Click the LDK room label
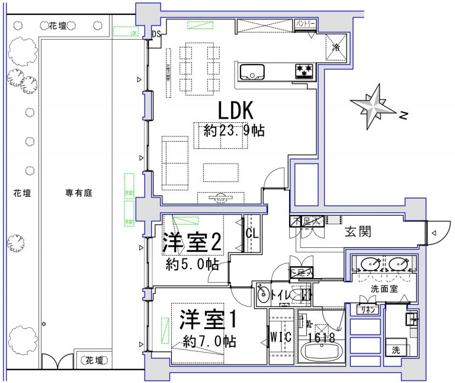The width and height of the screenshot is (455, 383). click(x=236, y=110)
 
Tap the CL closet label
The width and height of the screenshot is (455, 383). click(x=252, y=232)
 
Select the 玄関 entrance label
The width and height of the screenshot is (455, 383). click(x=358, y=232)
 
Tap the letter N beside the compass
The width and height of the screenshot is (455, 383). click(x=403, y=116)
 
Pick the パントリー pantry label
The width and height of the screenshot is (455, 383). click(x=306, y=24)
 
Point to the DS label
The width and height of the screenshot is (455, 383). click(x=156, y=34)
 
